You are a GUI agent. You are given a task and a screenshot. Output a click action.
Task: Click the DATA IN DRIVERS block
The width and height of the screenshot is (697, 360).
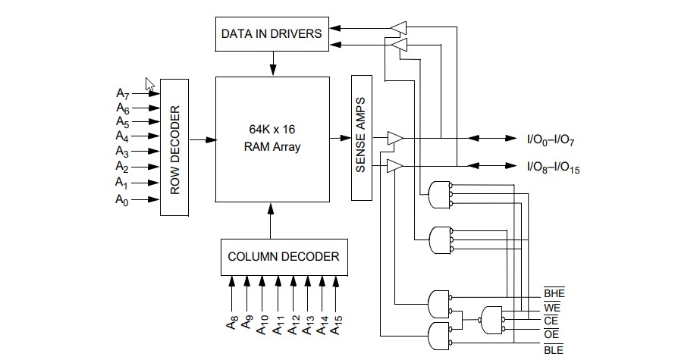pyautogui.click(x=272, y=33)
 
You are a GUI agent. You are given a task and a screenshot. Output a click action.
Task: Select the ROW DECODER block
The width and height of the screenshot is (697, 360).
pyautogui.click(x=174, y=146)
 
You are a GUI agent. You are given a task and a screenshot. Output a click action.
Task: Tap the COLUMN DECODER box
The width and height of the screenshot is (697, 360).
pyautogui.click(x=284, y=256)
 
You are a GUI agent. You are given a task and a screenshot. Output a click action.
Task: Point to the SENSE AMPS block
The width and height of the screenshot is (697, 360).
pyautogui.click(x=360, y=137)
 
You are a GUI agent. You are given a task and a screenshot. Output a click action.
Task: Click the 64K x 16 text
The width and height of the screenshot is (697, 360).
pyautogui.click(x=272, y=130)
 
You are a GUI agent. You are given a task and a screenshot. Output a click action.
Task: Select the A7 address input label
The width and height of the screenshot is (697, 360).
pyautogui.click(x=123, y=93)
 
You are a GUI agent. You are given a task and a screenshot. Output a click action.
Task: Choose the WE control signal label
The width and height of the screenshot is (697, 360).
pyautogui.click(x=553, y=308)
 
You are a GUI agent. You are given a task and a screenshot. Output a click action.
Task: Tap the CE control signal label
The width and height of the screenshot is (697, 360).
pyautogui.click(x=553, y=321)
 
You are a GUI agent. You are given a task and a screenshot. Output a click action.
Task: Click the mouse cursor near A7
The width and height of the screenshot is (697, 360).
pyautogui.click(x=150, y=84)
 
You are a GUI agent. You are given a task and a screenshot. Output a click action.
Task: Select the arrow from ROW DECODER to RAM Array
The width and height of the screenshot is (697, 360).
pyautogui.click(x=202, y=139)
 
